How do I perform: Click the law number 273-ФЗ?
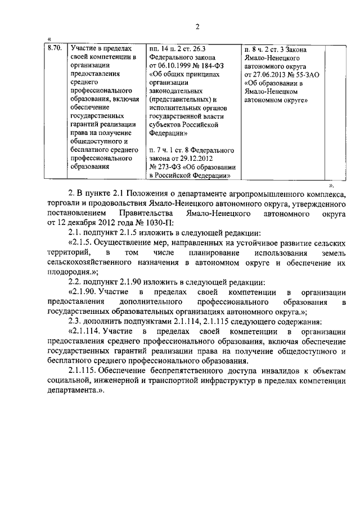coord(168,167)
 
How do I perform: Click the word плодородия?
coord(67,271)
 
